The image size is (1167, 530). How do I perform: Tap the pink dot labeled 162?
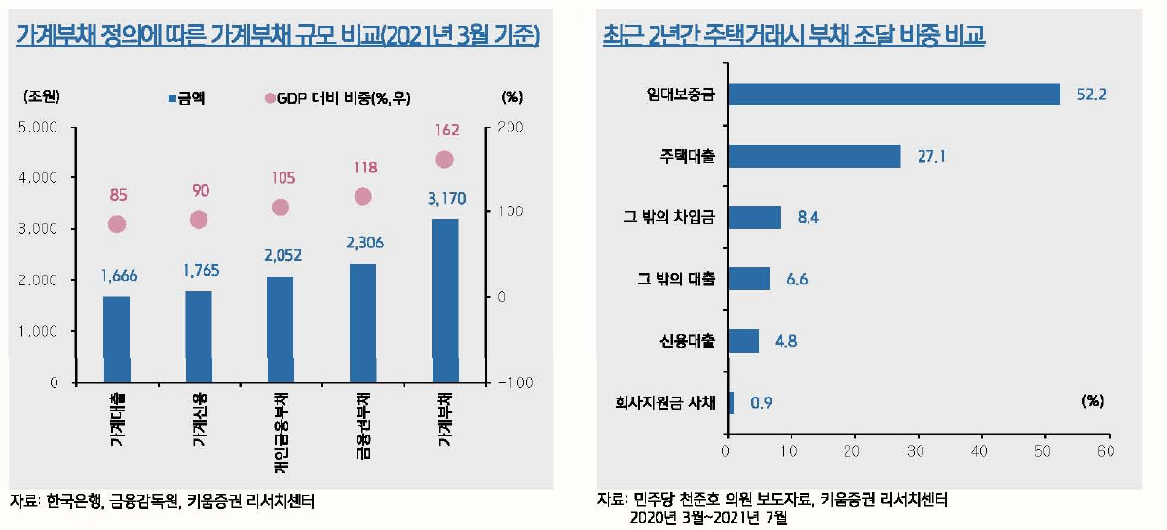(444, 160)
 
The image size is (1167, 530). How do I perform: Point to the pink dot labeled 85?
(117, 224)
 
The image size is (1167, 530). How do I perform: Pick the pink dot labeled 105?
(281, 207)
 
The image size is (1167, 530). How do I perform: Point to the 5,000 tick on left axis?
(40, 127)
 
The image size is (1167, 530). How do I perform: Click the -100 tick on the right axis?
(514, 382)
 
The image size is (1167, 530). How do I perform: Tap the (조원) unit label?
(41, 96)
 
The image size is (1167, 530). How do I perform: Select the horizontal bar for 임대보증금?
(893, 94)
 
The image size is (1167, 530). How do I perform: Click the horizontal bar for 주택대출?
(813, 156)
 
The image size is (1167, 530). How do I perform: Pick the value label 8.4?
(809, 218)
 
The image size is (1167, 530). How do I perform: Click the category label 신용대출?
(688, 341)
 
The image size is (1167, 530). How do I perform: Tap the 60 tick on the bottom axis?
(1106, 451)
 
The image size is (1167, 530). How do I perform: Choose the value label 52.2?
(1092, 95)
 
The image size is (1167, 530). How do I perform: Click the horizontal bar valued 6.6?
(748, 280)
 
